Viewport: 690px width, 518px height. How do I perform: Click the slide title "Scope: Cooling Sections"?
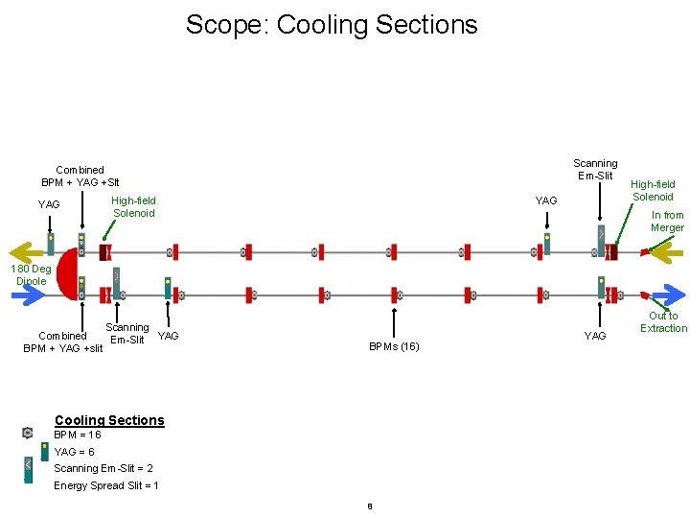332,24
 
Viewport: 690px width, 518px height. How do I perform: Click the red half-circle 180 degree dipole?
68,273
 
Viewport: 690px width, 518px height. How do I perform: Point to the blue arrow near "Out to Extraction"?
668,294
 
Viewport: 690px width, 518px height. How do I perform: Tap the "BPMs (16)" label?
393,346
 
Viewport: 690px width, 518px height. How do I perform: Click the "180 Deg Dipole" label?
31,275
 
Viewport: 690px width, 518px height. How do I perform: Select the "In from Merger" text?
667,222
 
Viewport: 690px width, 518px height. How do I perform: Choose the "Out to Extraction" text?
663,322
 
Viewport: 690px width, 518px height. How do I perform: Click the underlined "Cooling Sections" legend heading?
109,420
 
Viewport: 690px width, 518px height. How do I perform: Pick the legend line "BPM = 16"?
78,435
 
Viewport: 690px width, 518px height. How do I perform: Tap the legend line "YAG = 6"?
75,452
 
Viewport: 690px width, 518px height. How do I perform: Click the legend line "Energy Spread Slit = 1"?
106,485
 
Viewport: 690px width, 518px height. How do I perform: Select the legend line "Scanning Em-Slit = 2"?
103,468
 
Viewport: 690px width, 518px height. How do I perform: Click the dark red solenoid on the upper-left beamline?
103,252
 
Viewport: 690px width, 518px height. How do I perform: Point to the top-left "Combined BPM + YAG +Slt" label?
80,177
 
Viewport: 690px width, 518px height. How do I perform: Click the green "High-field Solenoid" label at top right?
652,190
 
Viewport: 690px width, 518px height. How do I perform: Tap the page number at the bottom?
369,506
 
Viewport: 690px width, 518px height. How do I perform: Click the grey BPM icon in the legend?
28,434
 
